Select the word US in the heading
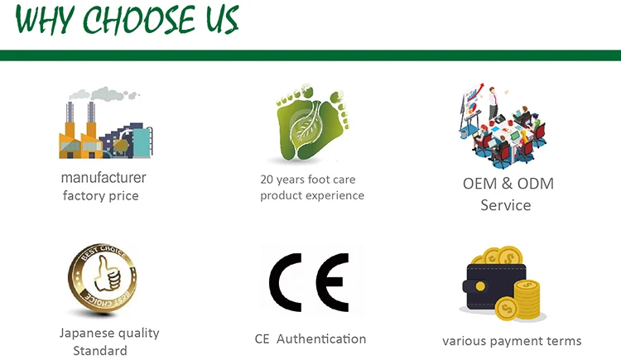coord(218,20)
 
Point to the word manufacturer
coord(103,177)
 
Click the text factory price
coord(101,196)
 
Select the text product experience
coord(312,195)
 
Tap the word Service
coord(506,204)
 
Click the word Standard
coord(100,351)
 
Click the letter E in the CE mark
coord(332,281)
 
